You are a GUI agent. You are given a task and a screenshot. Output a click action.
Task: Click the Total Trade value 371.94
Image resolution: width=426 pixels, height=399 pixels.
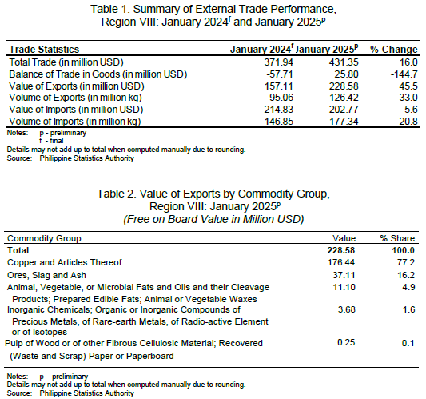(279, 62)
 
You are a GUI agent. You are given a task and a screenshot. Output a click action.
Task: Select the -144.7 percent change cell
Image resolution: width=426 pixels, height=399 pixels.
(404, 74)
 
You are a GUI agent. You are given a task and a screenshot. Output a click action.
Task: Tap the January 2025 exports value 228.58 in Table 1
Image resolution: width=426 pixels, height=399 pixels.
(344, 86)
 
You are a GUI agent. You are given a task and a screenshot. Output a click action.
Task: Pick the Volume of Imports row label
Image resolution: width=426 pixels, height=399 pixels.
(74, 122)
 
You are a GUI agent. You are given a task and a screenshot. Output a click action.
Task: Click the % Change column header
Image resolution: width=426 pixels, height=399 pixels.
(394, 50)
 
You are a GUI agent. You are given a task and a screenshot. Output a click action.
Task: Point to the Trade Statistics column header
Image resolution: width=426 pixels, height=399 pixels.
(44, 50)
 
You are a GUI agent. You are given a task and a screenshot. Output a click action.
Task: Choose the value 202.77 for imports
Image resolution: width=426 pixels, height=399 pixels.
(344, 110)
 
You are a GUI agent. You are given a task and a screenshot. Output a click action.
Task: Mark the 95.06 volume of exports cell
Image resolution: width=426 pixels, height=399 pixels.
(281, 98)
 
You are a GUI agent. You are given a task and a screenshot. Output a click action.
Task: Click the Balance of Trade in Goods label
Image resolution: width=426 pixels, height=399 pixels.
(98, 74)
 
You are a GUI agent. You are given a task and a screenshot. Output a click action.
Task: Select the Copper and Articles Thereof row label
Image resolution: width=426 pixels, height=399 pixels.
(65, 262)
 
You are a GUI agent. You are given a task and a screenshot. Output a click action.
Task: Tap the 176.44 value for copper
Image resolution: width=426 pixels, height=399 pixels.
(341, 262)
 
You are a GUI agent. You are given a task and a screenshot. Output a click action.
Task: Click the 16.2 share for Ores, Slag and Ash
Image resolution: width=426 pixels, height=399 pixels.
(406, 275)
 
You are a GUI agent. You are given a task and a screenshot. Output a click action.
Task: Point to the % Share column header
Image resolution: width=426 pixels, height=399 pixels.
(397, 238)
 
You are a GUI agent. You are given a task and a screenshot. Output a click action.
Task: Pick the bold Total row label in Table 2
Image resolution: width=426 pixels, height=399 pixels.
(18, 250)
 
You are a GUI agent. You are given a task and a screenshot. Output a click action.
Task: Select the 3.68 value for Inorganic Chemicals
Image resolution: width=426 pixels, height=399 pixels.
(347, 309)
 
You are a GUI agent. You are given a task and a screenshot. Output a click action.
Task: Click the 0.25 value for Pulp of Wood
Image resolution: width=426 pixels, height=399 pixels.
(346, 342)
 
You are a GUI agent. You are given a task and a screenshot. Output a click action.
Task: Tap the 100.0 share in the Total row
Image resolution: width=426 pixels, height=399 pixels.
(403, 250)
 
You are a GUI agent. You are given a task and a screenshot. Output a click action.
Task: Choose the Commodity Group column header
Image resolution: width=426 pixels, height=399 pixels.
(44, 238)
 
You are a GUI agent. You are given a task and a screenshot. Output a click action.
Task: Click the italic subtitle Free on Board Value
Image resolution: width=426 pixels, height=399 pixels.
(213, 219)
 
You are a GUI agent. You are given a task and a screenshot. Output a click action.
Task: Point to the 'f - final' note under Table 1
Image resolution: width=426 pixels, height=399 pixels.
(51, 141)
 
